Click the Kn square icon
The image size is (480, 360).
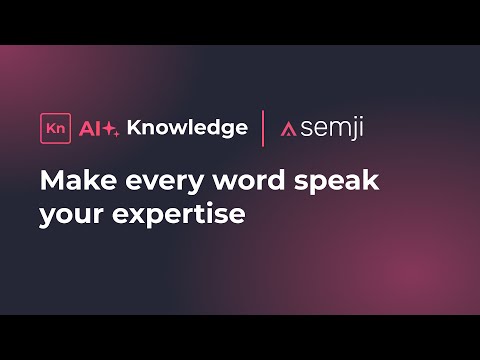click(52, 127)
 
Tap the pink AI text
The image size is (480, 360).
click(87, 127)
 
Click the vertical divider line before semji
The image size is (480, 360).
click(263, 127)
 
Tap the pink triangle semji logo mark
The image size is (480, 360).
click(288, 129)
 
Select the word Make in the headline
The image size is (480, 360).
click(71, 182)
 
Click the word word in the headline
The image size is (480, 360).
click(235, 182)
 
